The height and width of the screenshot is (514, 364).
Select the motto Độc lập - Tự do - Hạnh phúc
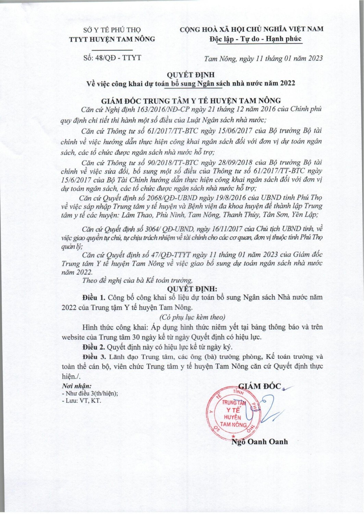click(x=256, y=39)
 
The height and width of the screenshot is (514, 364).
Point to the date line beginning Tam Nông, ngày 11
click(x=263, y=58)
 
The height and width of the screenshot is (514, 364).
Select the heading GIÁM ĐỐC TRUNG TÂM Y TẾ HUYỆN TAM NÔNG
click(x=191, y=100)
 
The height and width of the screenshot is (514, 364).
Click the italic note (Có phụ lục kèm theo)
click(x=192, y=317)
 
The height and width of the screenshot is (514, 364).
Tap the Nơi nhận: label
click(x=76, y=386)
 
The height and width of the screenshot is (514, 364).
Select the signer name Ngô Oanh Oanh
click(x=259, y=442)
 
